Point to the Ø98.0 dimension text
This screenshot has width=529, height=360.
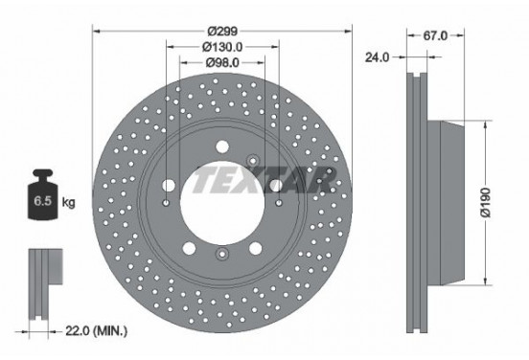[x=221, y=63]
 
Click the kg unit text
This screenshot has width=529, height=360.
[x=67, y=203]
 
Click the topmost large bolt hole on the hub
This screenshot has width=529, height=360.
[x=221, y=146]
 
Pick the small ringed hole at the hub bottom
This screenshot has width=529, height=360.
[x=221, y=254]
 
